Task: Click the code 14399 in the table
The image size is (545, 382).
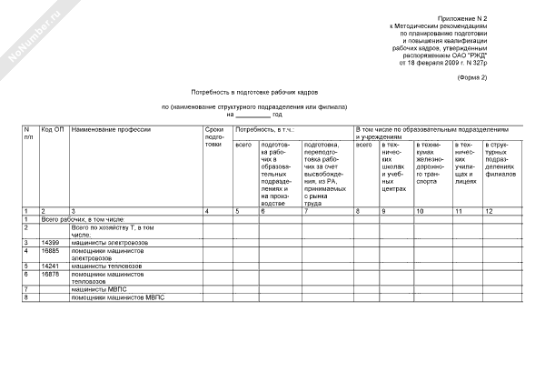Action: coord(50,243)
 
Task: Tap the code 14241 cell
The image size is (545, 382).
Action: coord(50,266)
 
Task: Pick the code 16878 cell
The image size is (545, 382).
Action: coord(50,273)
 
